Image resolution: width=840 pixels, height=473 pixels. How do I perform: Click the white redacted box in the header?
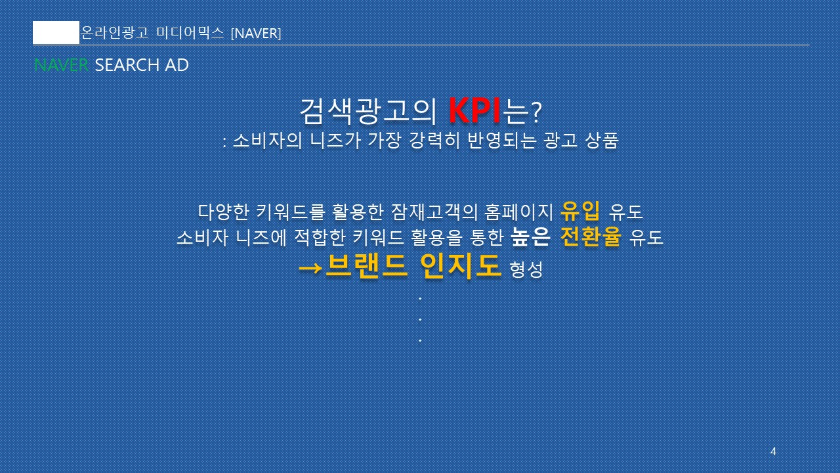point(56,33)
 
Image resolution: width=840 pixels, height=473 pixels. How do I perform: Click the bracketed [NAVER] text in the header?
point(256,34)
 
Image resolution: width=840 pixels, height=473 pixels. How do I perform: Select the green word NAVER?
point(61,65)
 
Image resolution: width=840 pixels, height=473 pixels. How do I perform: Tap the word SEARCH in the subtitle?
point(127,65)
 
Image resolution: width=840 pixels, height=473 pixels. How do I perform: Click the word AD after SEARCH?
point(177,65)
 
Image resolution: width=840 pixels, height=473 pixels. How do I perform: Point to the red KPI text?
point(474,110)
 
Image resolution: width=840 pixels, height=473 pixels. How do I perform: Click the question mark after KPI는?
point(536,112)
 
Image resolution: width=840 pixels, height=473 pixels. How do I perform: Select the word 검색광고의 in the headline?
point(368,111)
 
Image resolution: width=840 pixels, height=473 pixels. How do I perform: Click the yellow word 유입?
point(580,212)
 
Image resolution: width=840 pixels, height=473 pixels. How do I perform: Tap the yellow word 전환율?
point(590,236)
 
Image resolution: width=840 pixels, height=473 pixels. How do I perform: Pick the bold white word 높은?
point(531,237)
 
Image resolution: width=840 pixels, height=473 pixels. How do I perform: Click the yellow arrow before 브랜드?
point(310,267)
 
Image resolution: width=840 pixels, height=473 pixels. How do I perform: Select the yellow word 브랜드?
point(366,266)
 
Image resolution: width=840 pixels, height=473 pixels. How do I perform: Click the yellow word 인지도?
point(460,266)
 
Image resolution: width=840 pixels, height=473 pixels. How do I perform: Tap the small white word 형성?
point(526,269)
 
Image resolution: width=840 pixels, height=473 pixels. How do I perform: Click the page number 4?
point(773,451)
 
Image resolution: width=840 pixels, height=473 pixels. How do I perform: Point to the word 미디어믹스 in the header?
point(190,33)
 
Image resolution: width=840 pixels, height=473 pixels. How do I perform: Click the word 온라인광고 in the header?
point(115,33)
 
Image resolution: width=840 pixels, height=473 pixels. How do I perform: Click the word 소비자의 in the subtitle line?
point(267,141)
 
